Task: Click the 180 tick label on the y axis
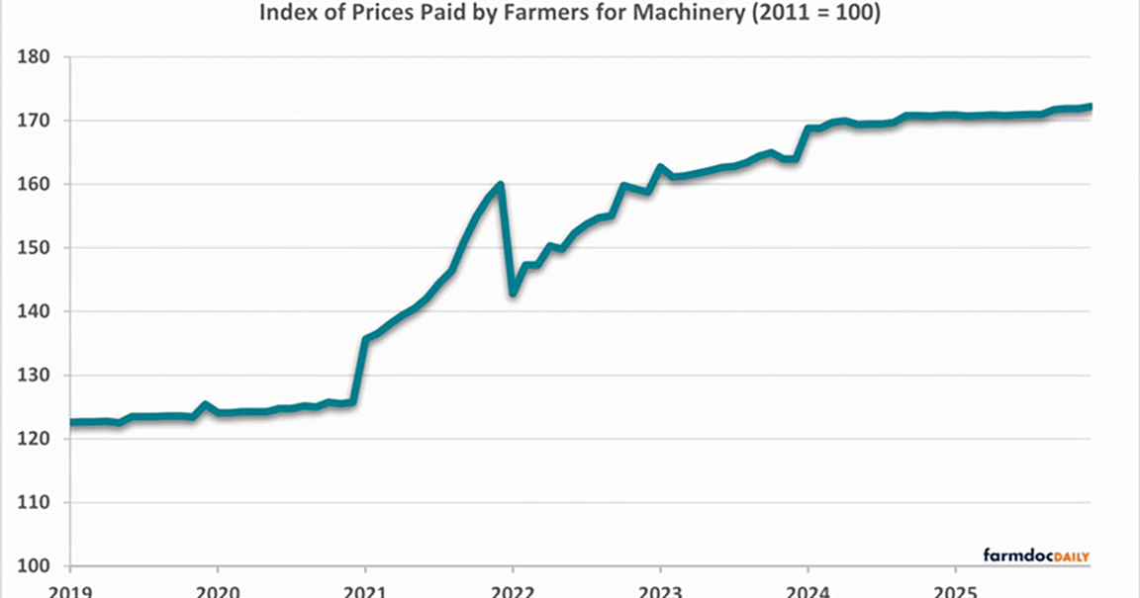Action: [35, 57]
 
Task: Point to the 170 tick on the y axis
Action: [35, 121]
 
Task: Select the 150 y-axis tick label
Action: [35, 248]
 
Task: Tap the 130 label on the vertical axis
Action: [35, 376]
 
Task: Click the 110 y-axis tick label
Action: [35, 502]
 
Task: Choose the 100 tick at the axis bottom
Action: [35, 566]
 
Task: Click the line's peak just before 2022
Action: [501, 184]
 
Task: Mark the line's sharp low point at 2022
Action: [513, 294]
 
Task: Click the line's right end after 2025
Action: [1090, 106]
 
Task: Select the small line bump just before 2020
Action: [205, 404]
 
